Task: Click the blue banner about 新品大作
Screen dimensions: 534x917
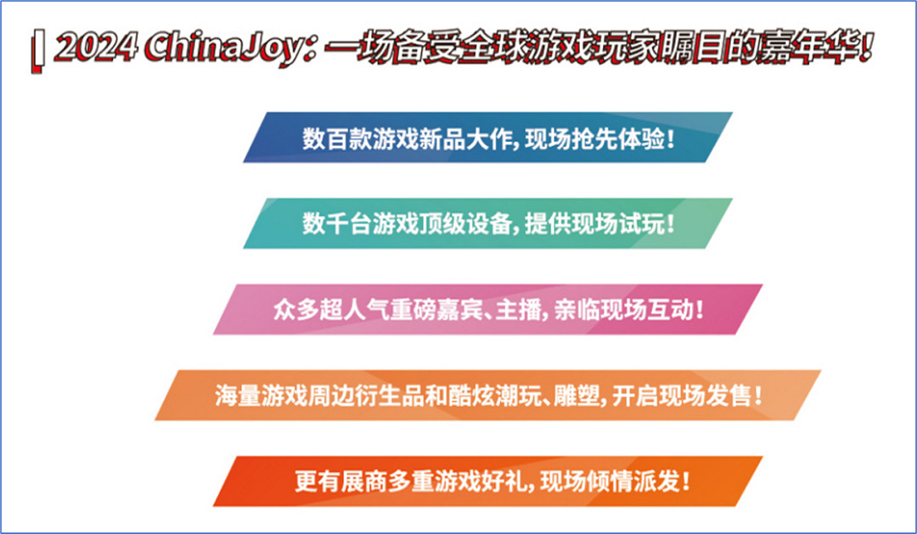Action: click(x=488, y=138)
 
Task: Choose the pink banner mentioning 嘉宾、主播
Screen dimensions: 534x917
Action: click(x=488, y=309)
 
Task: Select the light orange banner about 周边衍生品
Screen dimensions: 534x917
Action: click(x=488, y=396)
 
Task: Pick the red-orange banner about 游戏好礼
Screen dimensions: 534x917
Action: click(x=488, y=481)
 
